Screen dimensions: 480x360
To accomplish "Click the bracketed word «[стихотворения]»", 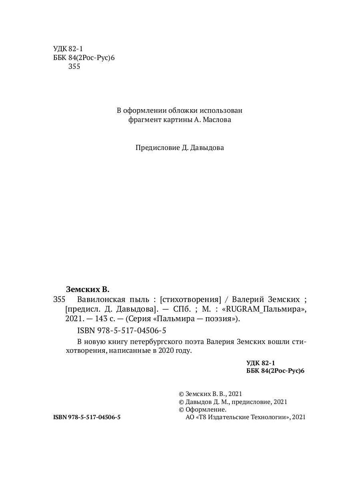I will pos(190,299).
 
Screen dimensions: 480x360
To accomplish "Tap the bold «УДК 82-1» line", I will pos(261,363).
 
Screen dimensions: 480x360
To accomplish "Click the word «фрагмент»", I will pos(143,120).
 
